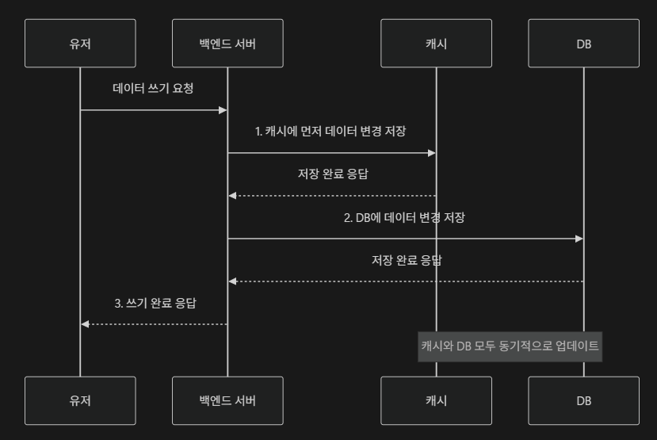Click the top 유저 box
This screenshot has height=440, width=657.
pyautogui.click(x=80, y=43)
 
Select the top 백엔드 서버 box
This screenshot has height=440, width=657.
pyautogui.click(x=227, y=43)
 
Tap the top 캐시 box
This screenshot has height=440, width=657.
pyautogui.click(x=436, y=43)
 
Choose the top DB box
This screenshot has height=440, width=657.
pyautogui.click(x=583, y=43)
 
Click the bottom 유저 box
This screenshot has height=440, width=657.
pyautogui.click(x=80, y=400)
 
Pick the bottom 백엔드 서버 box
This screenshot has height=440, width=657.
pyautogui.click(x=227, y=400)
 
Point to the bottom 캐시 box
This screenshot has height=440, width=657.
pyautogui.click(x=436, y=400)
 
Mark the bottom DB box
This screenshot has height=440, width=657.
pyautogui.click(x=583, y=400)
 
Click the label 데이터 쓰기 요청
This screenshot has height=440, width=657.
pyautogui.click(x=154, y=88)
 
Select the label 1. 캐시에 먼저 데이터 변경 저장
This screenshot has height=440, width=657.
pyautogui.click(x=330, y=132)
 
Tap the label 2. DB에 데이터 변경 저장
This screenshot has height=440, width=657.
pyautogui.click(x=404, y=217)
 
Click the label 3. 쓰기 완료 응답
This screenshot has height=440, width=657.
pyautogui.click(x=155, y=303)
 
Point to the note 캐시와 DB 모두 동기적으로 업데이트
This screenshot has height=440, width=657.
pyautogui.click(x=510, y=346)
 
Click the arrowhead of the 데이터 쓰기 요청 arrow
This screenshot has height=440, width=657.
pyautogui.click(x=223, y=110)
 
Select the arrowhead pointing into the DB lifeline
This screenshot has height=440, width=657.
pyautogui.click(x=579, y=239)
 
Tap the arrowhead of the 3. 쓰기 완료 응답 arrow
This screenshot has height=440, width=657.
pyautogui.click(x=85, y=324)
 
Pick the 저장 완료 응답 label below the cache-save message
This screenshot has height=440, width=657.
pyautogui.click(x=333, y=174)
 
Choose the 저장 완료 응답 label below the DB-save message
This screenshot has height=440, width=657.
pyautogui.click(x=407, y=260)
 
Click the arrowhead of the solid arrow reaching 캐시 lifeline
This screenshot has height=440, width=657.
pyautogui.click(x=432, y=153)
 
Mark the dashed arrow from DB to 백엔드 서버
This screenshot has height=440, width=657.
pyautogui.click(x=406, y=281)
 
